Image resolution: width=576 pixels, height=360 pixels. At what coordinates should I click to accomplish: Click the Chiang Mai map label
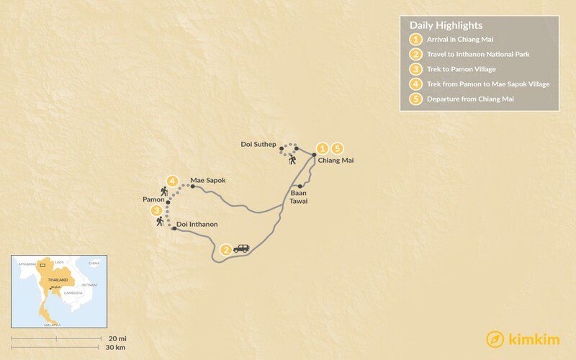point(336,161)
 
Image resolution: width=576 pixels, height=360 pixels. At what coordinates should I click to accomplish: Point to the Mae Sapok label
point(208,180)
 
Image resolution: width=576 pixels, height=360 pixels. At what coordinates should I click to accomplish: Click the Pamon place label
point(154,198)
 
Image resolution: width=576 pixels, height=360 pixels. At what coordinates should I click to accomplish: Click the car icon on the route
point(241,248)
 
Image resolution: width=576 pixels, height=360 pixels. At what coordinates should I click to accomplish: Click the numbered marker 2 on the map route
point(226,249)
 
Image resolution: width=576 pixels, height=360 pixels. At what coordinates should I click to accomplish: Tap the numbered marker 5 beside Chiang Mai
point(336,148)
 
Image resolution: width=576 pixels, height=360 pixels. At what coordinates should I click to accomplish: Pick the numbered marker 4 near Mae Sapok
point(172,181)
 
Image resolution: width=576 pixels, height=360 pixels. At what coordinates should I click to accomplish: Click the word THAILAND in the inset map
point(58,279)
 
